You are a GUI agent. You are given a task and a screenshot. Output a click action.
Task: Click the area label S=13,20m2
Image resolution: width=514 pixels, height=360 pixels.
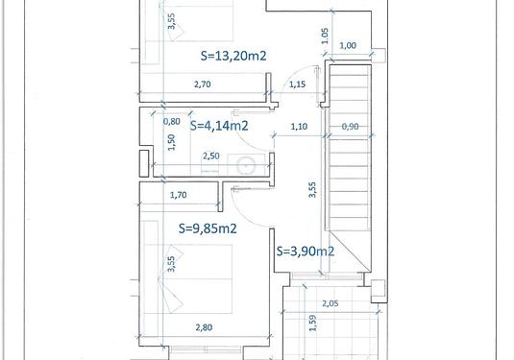tap(233, 56)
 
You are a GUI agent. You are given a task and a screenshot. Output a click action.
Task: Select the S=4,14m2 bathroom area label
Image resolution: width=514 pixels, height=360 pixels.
tap(219, 126)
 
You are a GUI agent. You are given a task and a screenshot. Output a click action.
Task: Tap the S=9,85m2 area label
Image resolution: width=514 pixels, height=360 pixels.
tap(208, 228)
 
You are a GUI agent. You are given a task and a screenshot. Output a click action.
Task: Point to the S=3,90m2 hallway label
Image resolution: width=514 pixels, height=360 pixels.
tap(306, 252)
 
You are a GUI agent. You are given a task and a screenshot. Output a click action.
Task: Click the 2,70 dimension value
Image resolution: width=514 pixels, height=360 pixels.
tap(203, 84)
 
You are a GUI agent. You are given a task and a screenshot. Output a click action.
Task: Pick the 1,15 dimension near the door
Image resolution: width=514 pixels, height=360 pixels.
tap(297, 84)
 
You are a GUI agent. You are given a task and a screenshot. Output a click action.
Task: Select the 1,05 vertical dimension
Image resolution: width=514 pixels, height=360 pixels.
tap(325, 36)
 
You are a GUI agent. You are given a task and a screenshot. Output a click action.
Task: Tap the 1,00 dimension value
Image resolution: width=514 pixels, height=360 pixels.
tap(348, 45)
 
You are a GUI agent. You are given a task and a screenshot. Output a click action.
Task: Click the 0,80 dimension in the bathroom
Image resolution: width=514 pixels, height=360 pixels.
tap(171, 122)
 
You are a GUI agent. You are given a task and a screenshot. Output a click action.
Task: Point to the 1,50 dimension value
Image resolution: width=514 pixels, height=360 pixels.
tap(171, 142)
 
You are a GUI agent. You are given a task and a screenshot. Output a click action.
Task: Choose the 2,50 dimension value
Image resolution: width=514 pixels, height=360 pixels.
tap(210, 156)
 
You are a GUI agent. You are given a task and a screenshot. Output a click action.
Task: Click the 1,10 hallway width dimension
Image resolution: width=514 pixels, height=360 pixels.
tap(299, 126)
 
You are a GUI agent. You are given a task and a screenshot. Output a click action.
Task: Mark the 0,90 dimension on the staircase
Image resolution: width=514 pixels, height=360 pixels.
tap(350, 126)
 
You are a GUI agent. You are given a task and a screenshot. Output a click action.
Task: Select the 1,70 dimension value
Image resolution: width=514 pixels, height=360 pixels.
tap(179, 195)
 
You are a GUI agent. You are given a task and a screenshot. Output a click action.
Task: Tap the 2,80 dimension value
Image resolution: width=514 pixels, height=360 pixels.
tap(204, 327)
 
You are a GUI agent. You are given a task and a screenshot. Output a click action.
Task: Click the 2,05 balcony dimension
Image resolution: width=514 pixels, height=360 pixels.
tap(330, 303)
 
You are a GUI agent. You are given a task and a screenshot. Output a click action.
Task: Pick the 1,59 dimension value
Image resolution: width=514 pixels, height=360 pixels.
tap(313, 323)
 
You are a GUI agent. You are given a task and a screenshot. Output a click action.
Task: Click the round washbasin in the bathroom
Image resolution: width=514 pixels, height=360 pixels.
tap(246, 165)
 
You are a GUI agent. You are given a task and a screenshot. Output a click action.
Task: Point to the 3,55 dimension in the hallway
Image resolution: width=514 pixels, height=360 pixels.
tap(312, 190)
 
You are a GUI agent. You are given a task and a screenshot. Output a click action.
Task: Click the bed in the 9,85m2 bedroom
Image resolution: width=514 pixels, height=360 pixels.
tap(188, 279)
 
